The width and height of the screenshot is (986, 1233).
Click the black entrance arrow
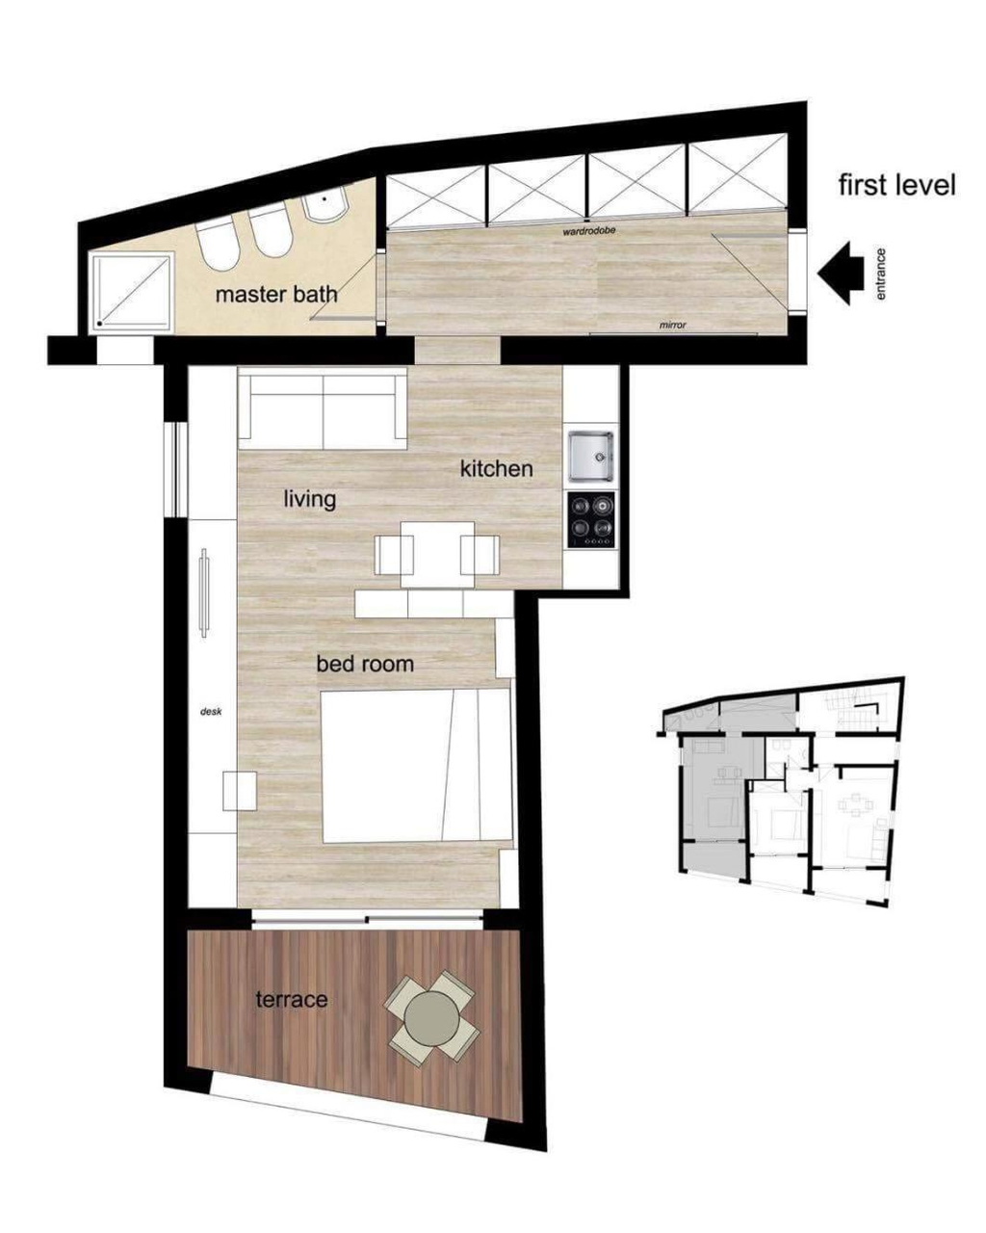click(x=840, y=272)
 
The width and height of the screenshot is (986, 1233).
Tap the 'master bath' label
click(x=276, y=295)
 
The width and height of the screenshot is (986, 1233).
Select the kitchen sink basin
click(x=590, y=456)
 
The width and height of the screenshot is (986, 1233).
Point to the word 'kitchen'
click(x=496, y=469)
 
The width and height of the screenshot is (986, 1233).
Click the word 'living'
click(x=309, y=499)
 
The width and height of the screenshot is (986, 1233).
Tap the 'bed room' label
click(x=365, y=664)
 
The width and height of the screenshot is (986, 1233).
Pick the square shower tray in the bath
click(x=132, y=292)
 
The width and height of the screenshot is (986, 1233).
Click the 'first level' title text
click(x=896, y=185)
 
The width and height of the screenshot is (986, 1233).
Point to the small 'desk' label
click(x=210, y=712)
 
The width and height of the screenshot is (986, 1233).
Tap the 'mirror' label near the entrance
click(x=672, y=325)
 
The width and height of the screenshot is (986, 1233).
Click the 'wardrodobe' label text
click(x=589, y=231)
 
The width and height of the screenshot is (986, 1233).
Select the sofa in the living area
click(x=322, y=409)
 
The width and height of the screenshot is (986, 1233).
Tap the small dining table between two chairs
click(x=437, y=554)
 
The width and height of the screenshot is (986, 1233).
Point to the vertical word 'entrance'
click(x=881, y=274)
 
